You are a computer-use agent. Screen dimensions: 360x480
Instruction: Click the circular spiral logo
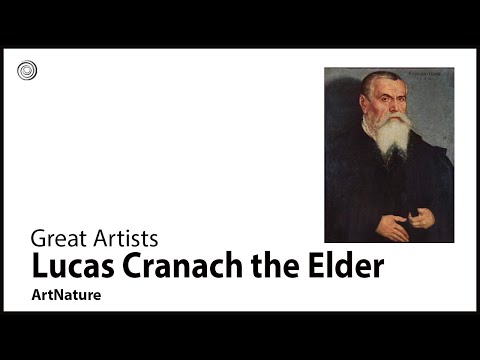[x=27, y=71]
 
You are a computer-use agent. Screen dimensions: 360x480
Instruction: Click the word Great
[x=54, y=239]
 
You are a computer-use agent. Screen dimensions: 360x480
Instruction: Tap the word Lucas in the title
[x=66, y=267]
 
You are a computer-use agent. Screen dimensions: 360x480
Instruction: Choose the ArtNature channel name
[x=66, y=296]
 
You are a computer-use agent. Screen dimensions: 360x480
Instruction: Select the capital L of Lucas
[x=39, y=267]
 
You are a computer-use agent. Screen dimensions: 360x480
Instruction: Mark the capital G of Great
[x=39, y=239]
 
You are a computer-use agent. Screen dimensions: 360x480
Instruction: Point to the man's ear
[x=367, y=104]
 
